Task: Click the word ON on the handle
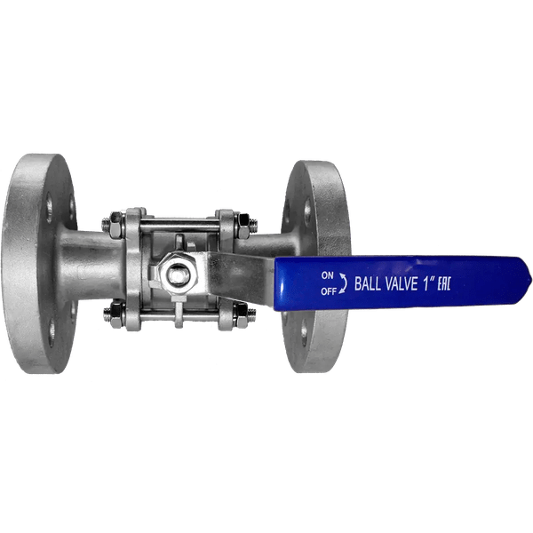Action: [327, 275]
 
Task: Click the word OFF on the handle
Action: [328, 290]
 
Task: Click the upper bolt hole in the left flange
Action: [48, 210]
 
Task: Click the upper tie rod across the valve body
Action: [178, 222]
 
